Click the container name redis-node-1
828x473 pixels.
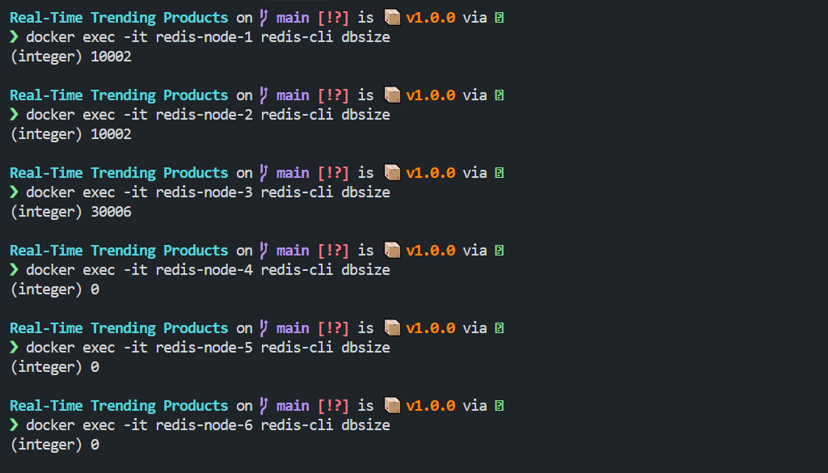204,37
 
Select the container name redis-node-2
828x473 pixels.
204,115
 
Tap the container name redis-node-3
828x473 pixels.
204,192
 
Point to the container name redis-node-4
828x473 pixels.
204,270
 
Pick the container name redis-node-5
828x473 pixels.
204,348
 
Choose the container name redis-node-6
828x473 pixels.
204,425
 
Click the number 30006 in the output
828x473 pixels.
111,212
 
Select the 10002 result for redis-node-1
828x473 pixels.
111,57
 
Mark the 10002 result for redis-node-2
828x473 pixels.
111,134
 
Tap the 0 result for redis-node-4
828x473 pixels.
95,289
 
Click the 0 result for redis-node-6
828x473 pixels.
95,445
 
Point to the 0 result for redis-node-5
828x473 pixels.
95,367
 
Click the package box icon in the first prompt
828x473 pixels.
392,18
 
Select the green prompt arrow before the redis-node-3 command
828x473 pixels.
15,192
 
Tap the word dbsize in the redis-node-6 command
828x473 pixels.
365,425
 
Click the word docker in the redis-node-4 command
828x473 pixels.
50,270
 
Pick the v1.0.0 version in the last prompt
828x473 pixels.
430,405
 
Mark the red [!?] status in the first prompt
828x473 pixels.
333,18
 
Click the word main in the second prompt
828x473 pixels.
293,95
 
